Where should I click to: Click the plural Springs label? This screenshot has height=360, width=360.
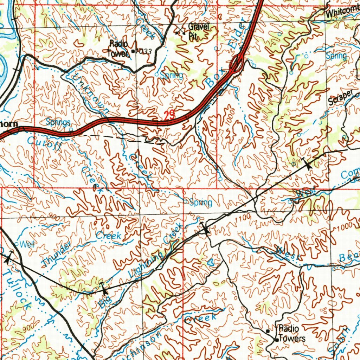[58, 122]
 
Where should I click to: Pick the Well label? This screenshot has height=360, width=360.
[27, 244]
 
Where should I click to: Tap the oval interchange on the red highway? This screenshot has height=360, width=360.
[237, 64]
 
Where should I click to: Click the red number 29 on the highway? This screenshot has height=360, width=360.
[169, 115]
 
